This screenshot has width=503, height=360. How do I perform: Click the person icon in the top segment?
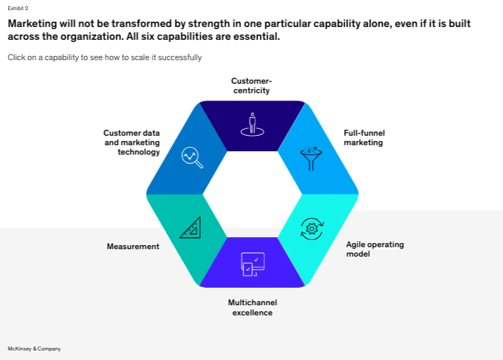coord(252,124)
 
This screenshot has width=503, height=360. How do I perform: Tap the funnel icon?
coord(311,158)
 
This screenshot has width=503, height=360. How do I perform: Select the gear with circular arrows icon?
coord(312,229)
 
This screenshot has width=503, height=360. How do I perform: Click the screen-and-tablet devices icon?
coord(253,265)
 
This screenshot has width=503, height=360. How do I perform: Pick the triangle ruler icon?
coord(191,228)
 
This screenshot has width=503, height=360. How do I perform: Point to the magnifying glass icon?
coord(192,157)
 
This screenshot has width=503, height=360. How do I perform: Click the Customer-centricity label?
coord(251,86)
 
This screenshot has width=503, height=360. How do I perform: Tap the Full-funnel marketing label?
coord(364,138)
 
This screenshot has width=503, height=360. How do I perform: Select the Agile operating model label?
coord(375,249)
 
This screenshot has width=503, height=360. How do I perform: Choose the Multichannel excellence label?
coord(252,307)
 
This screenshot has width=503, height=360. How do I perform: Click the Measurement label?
coord(133,247)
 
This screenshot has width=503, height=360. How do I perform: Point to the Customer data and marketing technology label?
coord(132,143)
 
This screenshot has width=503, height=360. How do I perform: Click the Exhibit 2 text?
coord(18,8)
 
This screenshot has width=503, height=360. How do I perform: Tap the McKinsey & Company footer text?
coord(34,349)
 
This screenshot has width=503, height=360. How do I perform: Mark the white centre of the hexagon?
coord(252,194)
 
